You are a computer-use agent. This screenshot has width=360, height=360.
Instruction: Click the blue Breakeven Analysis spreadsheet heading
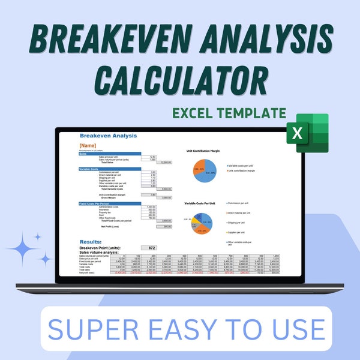point(108,136)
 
